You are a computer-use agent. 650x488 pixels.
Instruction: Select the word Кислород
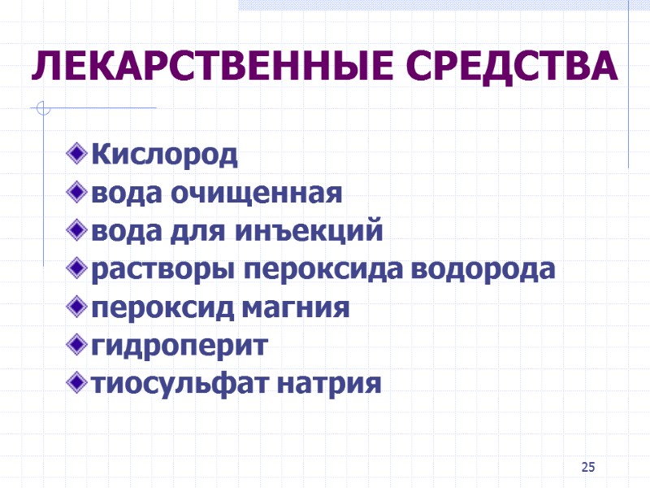coord(165,154)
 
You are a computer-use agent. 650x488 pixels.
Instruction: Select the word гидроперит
coord(179,346)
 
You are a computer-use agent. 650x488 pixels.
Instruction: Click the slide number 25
coord(589,466)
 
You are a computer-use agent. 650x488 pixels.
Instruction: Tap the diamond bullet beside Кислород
coord(78,152)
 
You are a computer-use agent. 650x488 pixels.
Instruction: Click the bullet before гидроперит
coord(78,345)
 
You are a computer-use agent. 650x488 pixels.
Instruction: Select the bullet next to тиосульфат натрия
coord(78,382)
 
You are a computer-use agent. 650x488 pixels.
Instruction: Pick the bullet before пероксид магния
coord(78,307)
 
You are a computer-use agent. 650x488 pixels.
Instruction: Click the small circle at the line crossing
coord(43,107)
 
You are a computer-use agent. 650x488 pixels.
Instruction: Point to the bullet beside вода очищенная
coord(78,193)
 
